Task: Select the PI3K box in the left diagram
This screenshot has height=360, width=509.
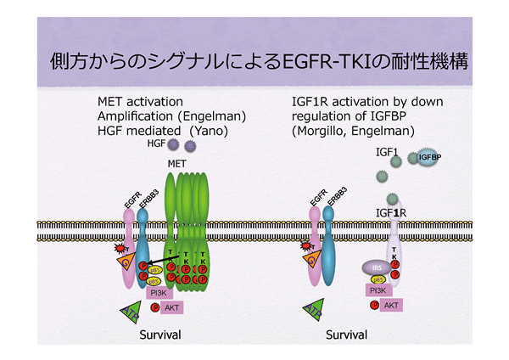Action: click(x=159, y=292)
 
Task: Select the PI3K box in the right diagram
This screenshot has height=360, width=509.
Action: click(x=378, y=290)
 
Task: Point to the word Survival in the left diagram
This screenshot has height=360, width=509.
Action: click(x=160, y=335)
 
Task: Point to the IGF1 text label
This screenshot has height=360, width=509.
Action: click(x=389, y=150)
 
